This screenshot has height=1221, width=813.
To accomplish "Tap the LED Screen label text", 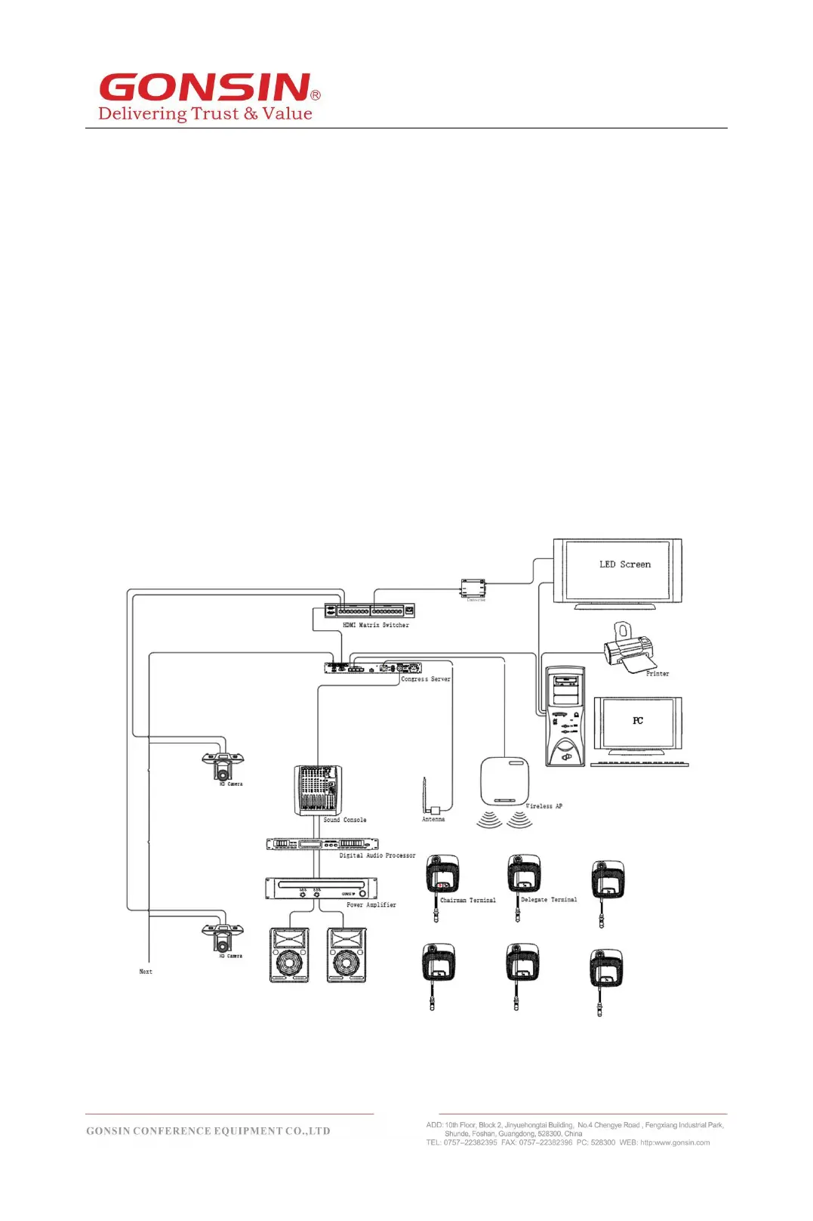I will (624, 564).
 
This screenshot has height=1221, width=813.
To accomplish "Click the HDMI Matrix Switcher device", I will (369, 610).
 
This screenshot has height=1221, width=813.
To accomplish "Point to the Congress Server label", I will (426, 679).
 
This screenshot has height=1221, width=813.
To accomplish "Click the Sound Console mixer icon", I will (317, 790).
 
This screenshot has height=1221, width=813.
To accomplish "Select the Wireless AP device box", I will (504, 781).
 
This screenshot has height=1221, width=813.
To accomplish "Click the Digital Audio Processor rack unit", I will (322, 844).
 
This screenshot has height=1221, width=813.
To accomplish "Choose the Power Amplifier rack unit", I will (321, 888).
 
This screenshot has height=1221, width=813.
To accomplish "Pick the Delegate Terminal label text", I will (549, 900).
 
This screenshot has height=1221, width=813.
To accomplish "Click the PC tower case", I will (565, 716).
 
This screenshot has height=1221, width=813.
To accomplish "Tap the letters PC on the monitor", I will (638, 721).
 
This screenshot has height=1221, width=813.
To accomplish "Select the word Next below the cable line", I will (146, 972).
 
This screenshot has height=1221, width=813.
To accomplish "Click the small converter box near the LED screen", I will (473, 589).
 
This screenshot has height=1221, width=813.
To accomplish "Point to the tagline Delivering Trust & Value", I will (205, 114).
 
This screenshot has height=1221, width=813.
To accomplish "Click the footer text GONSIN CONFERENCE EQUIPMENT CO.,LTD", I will (208, 1131).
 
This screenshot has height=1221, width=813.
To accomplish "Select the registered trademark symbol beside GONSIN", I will (316, 95).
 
